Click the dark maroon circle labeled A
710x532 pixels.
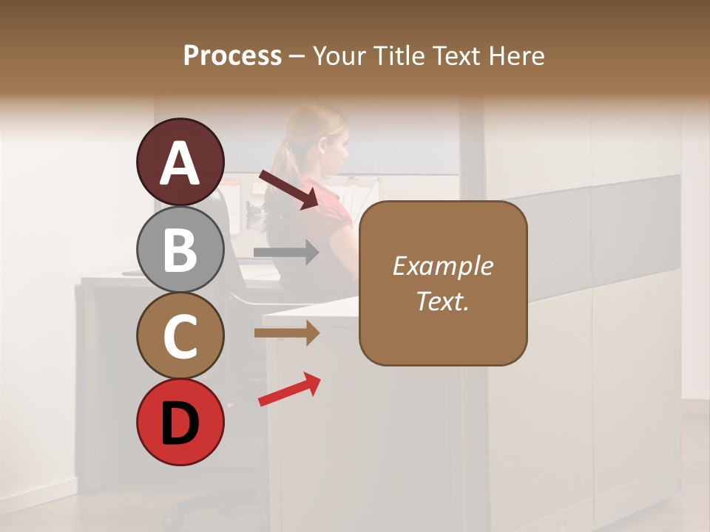[180, 162]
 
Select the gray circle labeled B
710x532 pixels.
[180, 249]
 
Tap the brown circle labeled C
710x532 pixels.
[180, 335]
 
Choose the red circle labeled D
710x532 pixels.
[180, 422]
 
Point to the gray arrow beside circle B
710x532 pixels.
[285, 253]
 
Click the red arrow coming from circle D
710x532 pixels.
[289, 389]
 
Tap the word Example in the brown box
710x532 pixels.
[443, 266]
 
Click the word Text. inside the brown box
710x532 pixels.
[443, 301]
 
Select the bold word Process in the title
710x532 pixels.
[232, 55]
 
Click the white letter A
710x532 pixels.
[180, 163]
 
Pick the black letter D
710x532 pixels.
[180, 423]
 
